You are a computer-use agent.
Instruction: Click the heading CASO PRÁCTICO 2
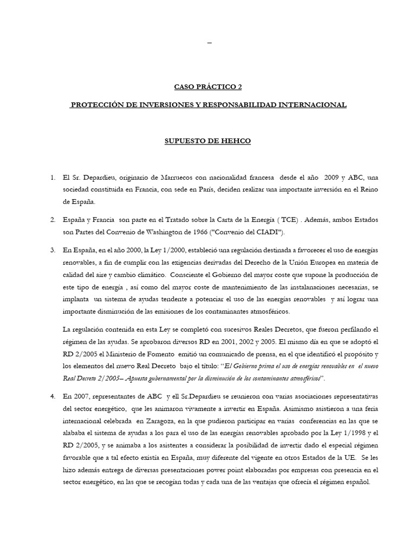tap(207, 86)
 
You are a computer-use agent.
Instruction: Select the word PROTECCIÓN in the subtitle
tap(97, 104)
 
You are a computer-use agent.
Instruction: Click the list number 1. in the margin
tap(53, 177)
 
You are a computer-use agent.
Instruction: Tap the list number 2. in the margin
tap(53, 220)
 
